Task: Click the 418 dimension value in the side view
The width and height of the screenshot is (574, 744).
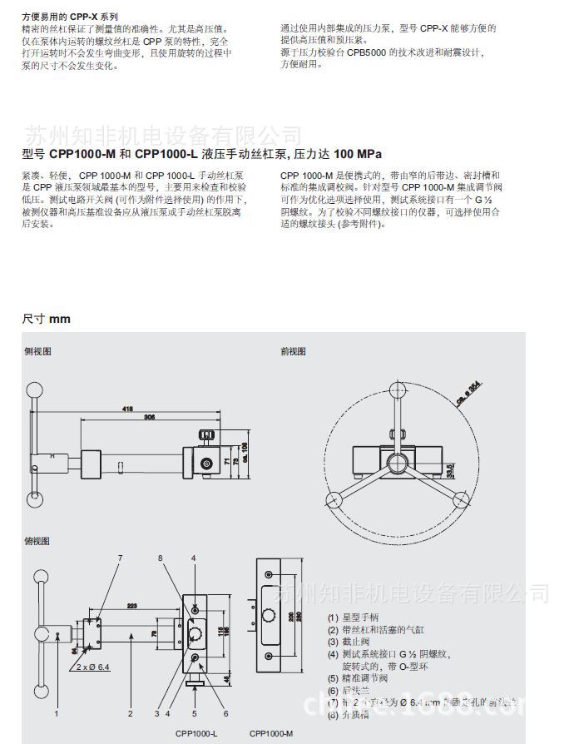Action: (x=127, y=409)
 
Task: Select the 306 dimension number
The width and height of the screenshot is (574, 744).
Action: (x=149, y=417)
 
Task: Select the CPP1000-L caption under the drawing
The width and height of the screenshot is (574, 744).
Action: (x=195, y=733)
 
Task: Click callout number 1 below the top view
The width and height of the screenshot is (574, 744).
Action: (x=57, y=713)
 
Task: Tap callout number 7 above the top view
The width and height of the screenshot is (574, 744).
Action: (x=120, y=557)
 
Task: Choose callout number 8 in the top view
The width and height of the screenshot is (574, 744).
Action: (x=161, y=557)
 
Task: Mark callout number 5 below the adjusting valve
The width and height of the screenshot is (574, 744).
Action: (x=193, y=713)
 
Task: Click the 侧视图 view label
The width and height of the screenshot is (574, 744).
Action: (x=37, y=352)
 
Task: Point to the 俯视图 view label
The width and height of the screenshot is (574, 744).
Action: (x=37, y=542)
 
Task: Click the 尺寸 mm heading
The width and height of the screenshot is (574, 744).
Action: (x=47, y=319)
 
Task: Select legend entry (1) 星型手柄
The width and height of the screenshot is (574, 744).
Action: (x=353, y=618)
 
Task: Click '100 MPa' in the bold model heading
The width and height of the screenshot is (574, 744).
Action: (x=358, y=154)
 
